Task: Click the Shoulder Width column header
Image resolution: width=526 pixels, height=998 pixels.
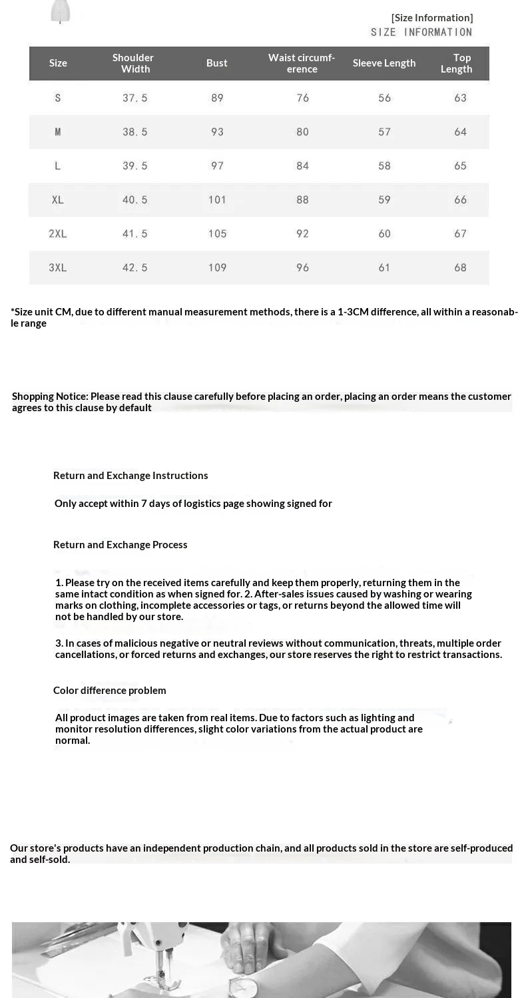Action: [x=133, y=63]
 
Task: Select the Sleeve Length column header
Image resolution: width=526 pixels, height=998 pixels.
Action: [x=384, y=63]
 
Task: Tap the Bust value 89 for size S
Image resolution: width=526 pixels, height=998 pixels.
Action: [x=217, y=98]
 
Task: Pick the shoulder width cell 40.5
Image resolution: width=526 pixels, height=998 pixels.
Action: [x=135, y=200]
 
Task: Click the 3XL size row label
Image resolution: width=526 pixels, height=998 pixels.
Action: [x=58, y=267]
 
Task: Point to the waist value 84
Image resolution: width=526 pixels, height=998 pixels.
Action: [x=303, y=166]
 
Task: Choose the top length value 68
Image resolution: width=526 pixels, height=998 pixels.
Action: [x=460, y=267]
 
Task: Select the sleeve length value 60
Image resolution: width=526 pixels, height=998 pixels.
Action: [x=385, y=234]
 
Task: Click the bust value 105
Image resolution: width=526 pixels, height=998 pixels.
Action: [x=218, y=234]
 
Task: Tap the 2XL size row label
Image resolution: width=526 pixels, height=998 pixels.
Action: [x=58, y=234]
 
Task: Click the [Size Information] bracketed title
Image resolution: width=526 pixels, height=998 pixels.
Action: [x=432, y=18]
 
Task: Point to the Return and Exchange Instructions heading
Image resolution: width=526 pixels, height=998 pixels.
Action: [x=131, y=476]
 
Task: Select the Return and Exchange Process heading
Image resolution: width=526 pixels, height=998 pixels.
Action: [x=121, y=545]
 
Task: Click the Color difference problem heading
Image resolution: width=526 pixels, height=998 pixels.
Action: [x=110, y=691]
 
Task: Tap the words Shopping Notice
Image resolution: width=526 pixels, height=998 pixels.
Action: [x=50, y=397]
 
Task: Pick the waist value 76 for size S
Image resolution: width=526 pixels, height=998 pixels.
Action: [x=303, y=98]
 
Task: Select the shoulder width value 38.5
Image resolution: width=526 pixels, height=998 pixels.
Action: [x=135, y=132]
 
